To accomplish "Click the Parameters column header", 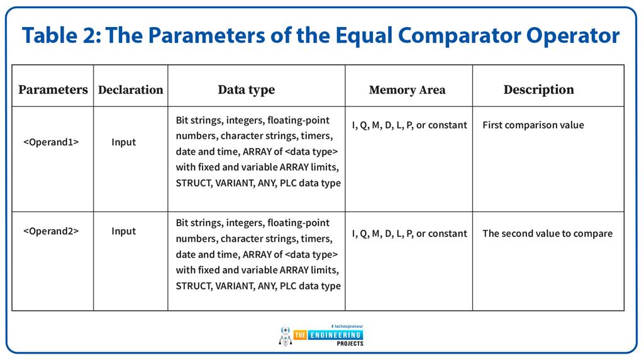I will [x=53, y=89].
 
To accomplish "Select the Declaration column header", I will [x=130, y=89].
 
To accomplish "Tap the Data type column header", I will [x=246, y=89].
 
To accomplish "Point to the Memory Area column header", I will [x=407, y=90].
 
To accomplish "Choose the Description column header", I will [x=538, y=89].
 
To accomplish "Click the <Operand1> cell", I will [x=51, y=142].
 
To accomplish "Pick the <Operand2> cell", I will [x=51, y=231].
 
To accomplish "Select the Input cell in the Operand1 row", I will [x=123, y=142].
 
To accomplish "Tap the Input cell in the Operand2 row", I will [x=123, y=231].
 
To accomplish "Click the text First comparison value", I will [x=533, y=125].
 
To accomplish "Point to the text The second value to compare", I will [x=547, y=233].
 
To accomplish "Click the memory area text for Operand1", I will [x=409, y=125].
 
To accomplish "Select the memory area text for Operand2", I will [x=409, y=233].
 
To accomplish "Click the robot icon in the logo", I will [x=286, y=336].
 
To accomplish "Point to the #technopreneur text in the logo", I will [x=347, y=327].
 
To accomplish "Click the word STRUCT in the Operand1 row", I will [x=192, y=183].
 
